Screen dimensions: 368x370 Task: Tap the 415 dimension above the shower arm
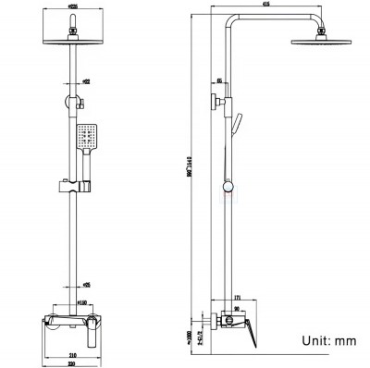pyautogui.click(x=265, y=6)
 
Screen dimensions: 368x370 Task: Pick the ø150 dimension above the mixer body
pyautogui.click(x=80, y=302)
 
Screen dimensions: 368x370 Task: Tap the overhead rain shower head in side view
pyautogui.click(x=318, y=38)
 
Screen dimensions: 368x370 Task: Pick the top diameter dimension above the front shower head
pyautogui.click(x=74, y=8)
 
